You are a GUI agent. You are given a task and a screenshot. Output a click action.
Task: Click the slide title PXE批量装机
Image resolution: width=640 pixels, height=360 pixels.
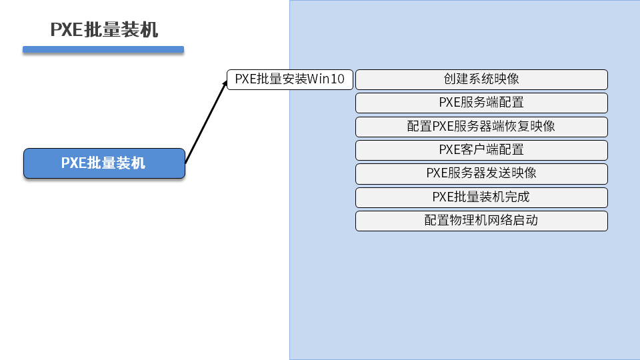pyautogui.click(x=104, y=30)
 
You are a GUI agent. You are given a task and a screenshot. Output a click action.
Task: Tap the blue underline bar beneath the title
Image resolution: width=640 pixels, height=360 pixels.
pyautogui.click(x=103, y=49)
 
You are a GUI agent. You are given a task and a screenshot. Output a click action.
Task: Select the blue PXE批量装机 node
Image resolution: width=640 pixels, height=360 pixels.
pyautogui.click(x=104, y=163)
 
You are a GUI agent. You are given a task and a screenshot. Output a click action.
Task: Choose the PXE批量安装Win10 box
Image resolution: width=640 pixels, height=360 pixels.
pyautogui.click(x=290, y=79)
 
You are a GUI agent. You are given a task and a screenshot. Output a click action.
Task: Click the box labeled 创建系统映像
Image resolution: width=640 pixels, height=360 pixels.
pyautogui.click(x=481, y=79)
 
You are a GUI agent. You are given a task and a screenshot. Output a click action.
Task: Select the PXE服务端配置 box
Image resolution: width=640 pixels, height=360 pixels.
pyautogui.click(x=481, y=103)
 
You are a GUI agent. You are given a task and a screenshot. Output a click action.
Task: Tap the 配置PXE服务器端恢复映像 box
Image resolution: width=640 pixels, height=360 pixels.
pyautogui.click(x=481, y=127)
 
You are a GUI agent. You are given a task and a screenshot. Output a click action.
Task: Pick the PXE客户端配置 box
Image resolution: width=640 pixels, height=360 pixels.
pyautogui.click(x=481, y=150)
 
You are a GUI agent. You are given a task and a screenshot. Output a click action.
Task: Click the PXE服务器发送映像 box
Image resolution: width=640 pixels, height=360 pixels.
pyautogui.click(x=481, y=173)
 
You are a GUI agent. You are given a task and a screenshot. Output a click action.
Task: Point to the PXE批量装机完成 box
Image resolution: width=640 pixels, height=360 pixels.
pyautogui.click(x=481, y=197)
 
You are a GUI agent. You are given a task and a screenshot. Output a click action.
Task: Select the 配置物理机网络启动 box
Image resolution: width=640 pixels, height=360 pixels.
pyautogui.click(x=481, y=221)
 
